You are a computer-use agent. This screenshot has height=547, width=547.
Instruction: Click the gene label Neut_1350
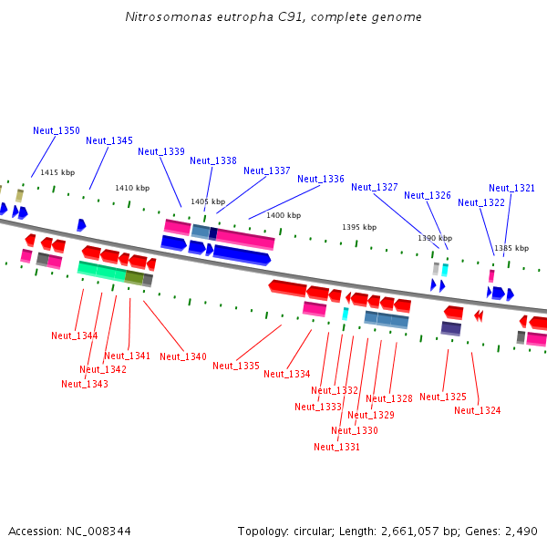(x=57, y=130)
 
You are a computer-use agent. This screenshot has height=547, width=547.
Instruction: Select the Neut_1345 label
(x=109, y=140)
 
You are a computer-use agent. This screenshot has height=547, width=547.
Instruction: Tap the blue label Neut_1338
(x=213, y=160)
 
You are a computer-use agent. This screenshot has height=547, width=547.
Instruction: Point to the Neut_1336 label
(x=321, y=179)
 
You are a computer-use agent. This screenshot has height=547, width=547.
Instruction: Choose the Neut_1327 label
(x=375, y=187)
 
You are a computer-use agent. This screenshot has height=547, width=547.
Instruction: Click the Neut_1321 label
(x=511, y=188)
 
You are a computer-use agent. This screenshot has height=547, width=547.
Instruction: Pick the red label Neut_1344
(x=75, y=335)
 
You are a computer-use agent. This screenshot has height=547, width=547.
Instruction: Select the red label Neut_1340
(x=183, y=356)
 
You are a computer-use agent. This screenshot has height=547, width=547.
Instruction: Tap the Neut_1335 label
(x=236, y=366)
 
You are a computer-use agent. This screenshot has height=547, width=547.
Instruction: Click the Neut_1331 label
(x=337, y=447)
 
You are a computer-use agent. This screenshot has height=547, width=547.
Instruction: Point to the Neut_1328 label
(x=389, y=398)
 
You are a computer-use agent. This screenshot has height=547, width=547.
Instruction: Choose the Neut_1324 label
(x=478, y=410)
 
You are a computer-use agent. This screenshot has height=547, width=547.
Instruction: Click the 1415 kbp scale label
(x=57, y=172)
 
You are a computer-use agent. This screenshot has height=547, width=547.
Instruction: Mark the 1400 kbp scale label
(x=284, y=215)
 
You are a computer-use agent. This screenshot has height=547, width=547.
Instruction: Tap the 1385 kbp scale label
(x=511, y=248)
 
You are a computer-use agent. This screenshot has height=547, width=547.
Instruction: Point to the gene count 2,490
(x=521, y=531)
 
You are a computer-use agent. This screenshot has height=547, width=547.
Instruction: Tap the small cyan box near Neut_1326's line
(x=445, y=270)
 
